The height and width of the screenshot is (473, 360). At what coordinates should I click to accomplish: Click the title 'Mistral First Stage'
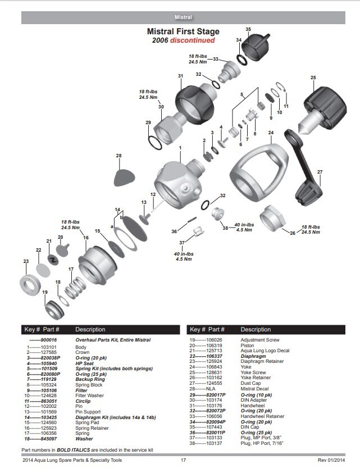(x=183, y=32)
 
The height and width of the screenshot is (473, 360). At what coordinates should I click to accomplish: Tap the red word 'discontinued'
(x=193, y=40)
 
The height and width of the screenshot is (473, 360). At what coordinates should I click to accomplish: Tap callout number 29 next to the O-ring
(x=148, y=122)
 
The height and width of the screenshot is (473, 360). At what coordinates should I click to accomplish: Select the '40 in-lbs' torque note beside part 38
(x=244, y=225)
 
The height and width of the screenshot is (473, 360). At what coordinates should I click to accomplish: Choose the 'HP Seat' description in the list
(x=84, y=363)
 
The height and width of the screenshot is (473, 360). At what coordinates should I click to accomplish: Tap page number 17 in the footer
(x=183, y=461)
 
